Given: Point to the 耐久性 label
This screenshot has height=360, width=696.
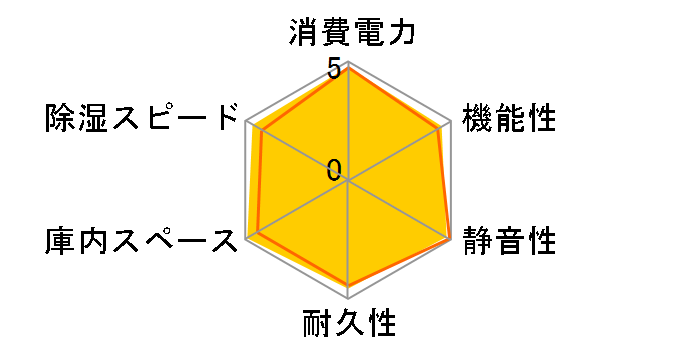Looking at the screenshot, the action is click(349, 325).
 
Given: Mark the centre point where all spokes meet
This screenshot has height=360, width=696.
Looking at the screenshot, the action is click(348, 181).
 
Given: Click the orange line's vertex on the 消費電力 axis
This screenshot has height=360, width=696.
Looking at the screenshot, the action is click(348, 68).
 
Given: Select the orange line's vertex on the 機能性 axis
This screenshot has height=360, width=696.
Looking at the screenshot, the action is click(439, 128).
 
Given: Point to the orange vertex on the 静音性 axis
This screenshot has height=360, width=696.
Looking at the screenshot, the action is click(449, 239).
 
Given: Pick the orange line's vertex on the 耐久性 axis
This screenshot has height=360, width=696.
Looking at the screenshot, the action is click(348, 285).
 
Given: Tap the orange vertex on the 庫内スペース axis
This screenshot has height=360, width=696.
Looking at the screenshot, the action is click(257, 233).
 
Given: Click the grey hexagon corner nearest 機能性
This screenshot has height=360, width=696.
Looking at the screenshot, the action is click(451, 122).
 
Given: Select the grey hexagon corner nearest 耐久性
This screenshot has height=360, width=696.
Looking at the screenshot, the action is click(348, 299).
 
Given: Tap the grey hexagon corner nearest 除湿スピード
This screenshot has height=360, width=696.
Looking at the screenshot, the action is click(246, 122).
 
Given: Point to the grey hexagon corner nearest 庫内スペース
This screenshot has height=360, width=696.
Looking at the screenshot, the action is click(246, 240).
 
